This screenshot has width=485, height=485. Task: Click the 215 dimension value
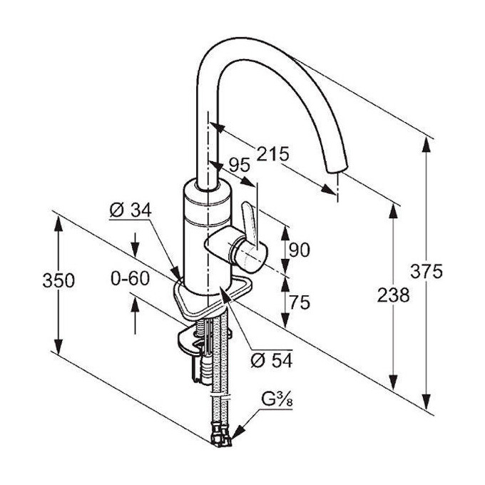tap(273, 153)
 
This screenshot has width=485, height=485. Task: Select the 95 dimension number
tap(239, 165)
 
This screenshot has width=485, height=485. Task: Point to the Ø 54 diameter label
tap(272, 361)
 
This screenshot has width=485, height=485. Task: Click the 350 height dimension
tap(57, 281)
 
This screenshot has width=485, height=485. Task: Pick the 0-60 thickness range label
tap(131, 278)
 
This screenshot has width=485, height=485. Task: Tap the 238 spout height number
tap(392, 295)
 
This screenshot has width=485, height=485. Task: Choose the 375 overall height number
tap(427, 271)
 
